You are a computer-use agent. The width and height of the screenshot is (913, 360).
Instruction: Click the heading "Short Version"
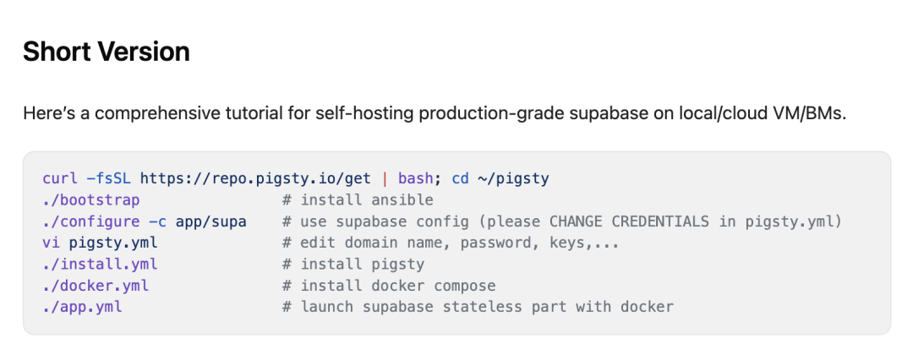pos(106,52)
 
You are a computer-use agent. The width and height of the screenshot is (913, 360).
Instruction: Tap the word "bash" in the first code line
pos(415,179)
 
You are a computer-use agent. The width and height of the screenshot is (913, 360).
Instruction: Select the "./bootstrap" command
pos(91,200)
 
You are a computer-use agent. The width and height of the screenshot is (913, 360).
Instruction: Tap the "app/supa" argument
pos(211,221)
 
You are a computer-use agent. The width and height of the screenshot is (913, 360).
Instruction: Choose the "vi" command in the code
pos(51,243)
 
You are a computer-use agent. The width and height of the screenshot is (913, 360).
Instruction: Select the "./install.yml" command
pos(100,264)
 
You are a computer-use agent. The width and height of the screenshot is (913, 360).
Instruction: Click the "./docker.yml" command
pos(96,286)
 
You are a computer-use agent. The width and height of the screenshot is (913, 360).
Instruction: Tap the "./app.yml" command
pos(82,307)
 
